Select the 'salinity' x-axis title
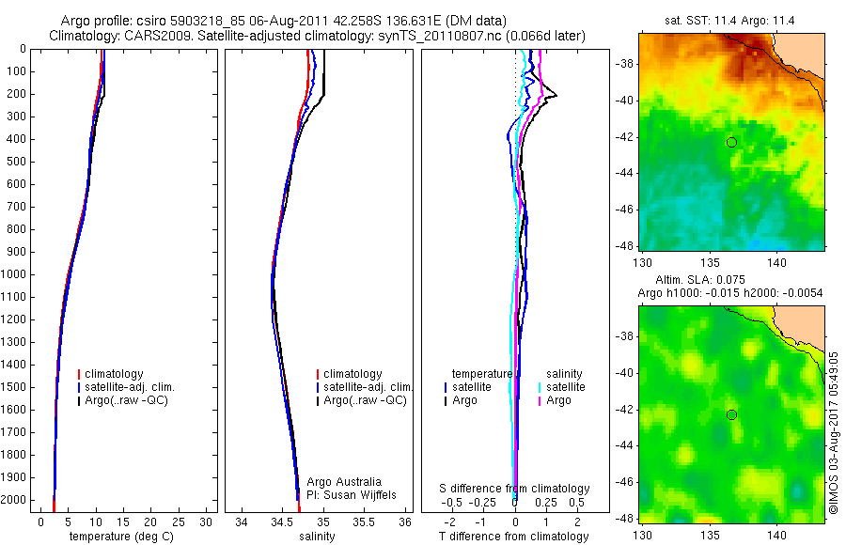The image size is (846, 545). (x=316, y=537)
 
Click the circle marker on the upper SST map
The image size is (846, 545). (x=731, y=142)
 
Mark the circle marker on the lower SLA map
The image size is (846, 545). (x=731, y=414)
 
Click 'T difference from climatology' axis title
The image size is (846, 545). (x=513, y=537)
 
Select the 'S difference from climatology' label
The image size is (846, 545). (x=515, y=489)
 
